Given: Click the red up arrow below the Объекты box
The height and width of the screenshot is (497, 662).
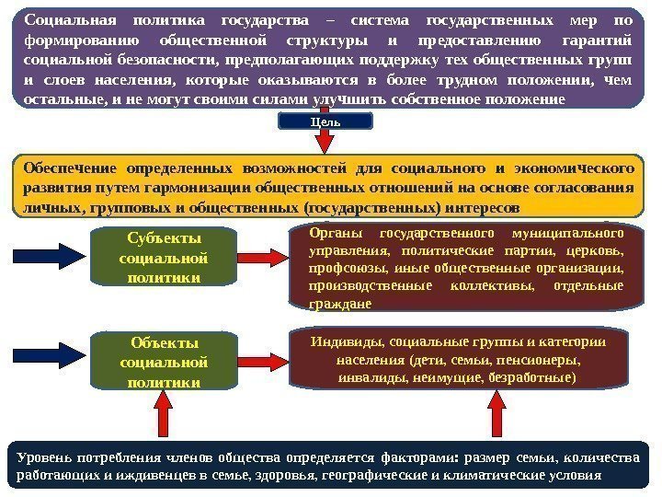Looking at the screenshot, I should pyautogui.click(x=163, y=414).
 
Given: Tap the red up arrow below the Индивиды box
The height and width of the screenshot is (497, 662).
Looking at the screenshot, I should pyautogui.click(x=497, y=414).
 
